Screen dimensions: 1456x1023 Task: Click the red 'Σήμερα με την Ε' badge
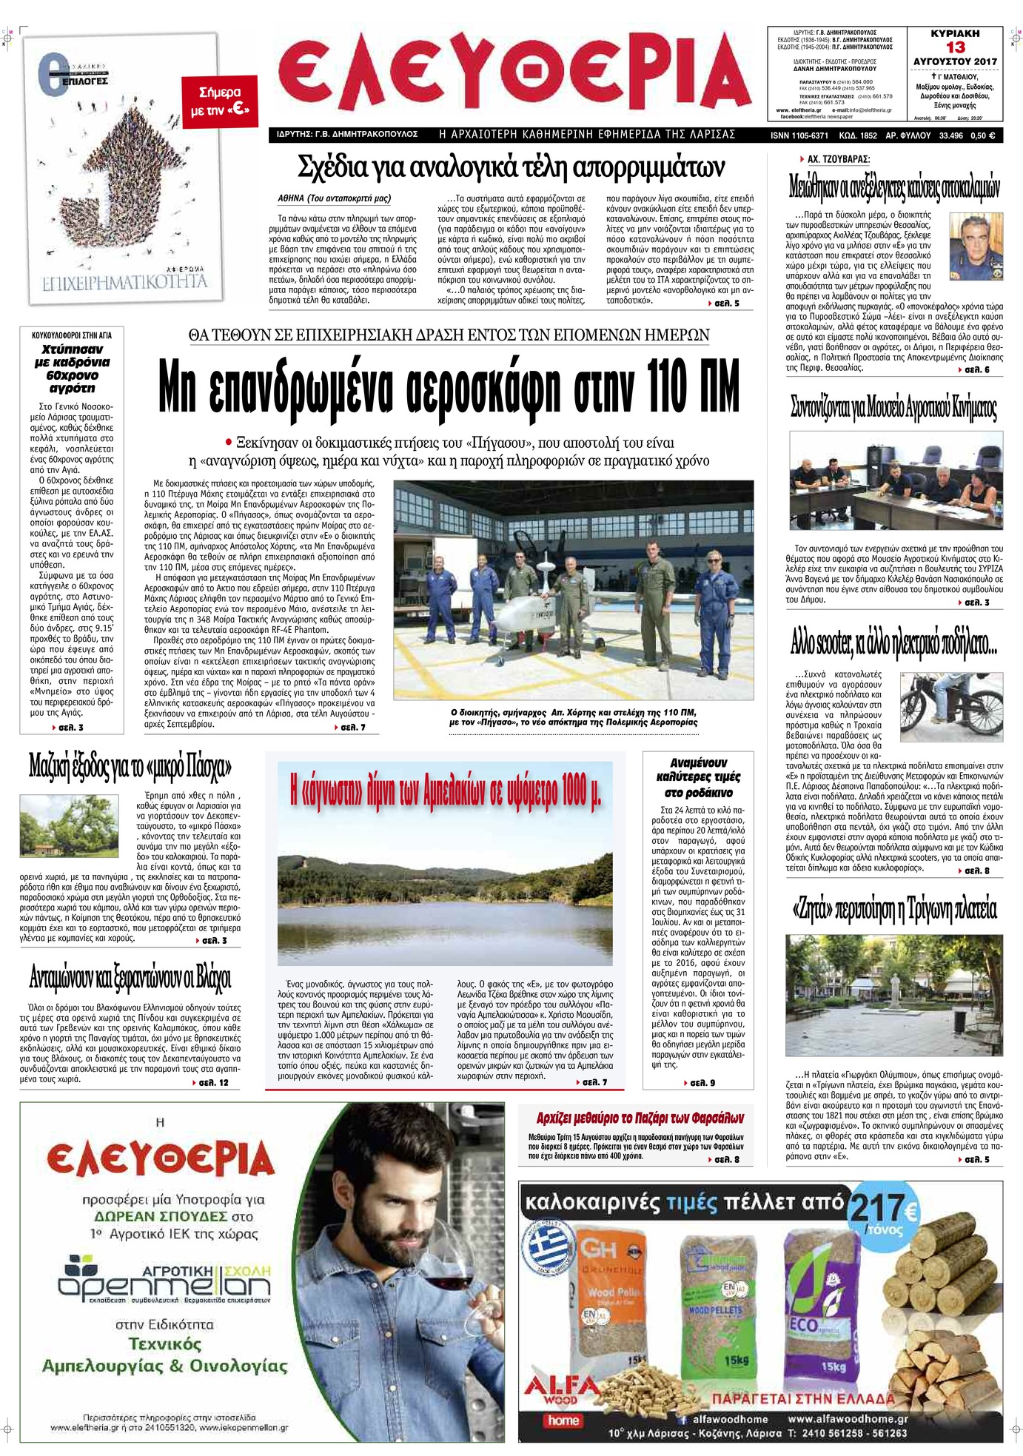[x=219, y=101]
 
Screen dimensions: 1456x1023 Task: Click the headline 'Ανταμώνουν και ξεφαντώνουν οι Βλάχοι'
[x=130, y=979]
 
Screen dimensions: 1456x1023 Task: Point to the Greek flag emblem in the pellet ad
[x=546, y=1251]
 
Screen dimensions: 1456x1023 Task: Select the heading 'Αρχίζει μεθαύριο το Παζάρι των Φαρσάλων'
[x=640, y=1118]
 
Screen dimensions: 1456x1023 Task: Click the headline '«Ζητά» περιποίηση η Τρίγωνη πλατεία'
[x=894, y=909]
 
